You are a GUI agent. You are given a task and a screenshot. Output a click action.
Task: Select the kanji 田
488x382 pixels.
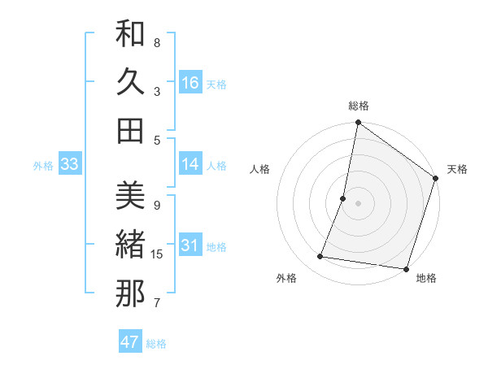tap(130, 131)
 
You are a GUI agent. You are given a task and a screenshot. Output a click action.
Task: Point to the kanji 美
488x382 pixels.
tap(130, 196)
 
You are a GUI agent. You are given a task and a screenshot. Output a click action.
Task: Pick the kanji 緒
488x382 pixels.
tap(130, 245)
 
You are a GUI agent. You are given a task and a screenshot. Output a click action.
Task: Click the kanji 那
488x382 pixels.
tap(130, 293)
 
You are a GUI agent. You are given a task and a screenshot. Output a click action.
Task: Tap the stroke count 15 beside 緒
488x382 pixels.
tap(157, 254)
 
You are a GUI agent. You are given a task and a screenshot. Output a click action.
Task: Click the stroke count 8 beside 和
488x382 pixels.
tap(157, 42)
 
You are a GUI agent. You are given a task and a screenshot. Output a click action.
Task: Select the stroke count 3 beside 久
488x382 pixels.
tap(157, 91)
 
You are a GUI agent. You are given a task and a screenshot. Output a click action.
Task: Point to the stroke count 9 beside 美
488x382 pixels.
tap(157, 205)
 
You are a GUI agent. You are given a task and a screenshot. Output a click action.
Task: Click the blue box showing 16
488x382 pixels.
tap(190, 82)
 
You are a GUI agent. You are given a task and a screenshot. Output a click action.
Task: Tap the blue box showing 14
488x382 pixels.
tap(190, 164)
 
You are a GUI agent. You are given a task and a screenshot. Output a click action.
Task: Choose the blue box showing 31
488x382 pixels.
tap(190, 245)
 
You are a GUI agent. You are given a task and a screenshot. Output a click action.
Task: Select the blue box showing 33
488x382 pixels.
tap(69, 164)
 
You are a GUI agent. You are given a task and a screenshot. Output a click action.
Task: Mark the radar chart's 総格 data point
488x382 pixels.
tap(358, 124)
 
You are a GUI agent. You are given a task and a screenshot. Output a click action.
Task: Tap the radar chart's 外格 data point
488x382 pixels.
tap(320, 257)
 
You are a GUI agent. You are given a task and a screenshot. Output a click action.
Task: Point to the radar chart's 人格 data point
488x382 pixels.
tap(343, 198)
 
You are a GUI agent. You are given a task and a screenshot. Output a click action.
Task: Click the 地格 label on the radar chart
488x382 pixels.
tap(426, 278)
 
